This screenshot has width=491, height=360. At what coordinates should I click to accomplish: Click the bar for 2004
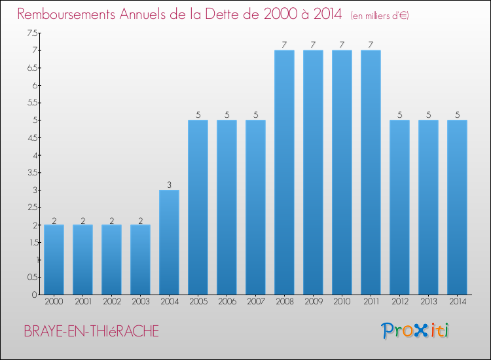pyautogui.click(x=169, y=242)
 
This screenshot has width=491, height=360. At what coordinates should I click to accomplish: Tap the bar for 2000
pyautogui.click(x=54, y=259)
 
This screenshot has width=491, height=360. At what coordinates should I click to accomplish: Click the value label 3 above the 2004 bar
pyautogui.click(x=169, y=185)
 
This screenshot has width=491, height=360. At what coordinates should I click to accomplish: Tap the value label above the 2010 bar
pyautogui.click(x=342, y=45)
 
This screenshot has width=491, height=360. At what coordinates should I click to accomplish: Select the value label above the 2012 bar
pyautogui.click(x=399, y=115)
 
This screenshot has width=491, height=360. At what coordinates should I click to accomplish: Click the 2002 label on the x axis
pyautogui.click(x=111, y=302)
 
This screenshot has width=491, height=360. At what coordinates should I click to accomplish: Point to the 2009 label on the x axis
pyautogui.click(x=313, y=302)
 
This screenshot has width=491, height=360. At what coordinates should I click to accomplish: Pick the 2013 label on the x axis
pyautogui.click(x=428, y=302)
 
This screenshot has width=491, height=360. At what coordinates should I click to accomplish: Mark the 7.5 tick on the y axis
pyautogui.click(x=31, y=33)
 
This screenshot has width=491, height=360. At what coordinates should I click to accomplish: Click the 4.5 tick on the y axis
pyautogui.click(x=31, y=137)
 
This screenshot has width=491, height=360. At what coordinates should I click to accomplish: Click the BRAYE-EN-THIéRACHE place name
pyautogui.click(x=91, y=331)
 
